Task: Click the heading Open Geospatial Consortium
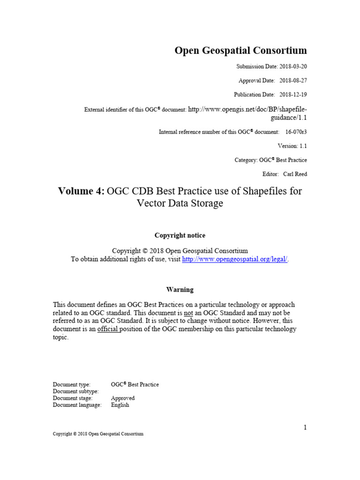point(241,51)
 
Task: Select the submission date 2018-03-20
point(293,67)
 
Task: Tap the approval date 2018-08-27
point(293,81)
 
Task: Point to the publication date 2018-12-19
point(293,95)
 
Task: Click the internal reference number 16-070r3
point(296,132)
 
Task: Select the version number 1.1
point(303,146)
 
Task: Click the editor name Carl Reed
point(295,174)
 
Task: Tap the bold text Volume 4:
point(82,191)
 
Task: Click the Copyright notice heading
point(180,235)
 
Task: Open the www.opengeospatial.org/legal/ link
point(234,259)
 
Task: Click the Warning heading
point(180,290)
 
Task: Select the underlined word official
point(108,329)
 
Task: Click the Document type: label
point(72,384)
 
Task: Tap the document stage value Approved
point(123,398)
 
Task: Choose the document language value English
point(120,405)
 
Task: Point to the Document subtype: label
point(75,391)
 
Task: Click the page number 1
point(305,427)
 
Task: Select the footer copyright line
point(98,434)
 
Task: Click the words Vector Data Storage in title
point(180,203)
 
